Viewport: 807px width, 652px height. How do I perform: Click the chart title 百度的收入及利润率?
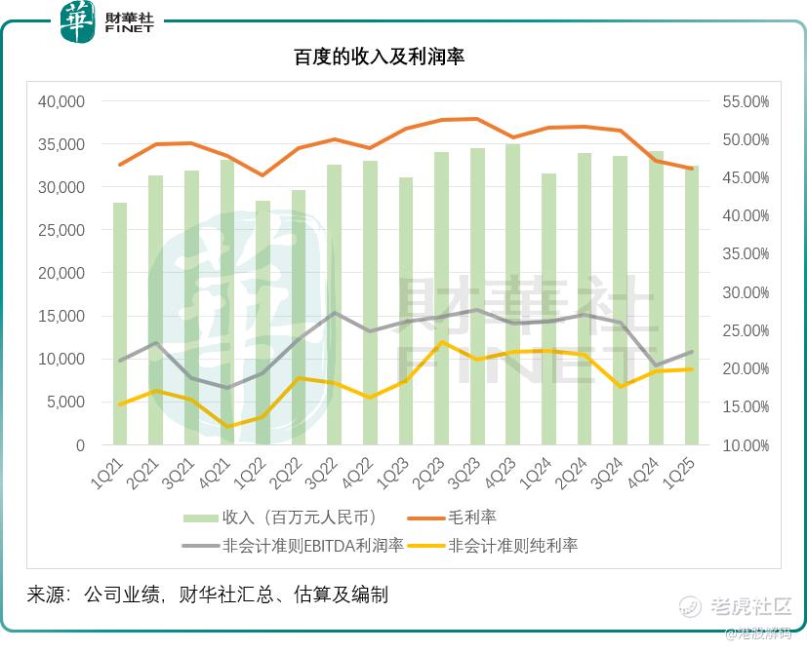(379, 58)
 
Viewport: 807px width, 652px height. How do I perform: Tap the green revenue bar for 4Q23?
(512, 294)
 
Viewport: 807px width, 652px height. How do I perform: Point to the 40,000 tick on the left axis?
(61, 101)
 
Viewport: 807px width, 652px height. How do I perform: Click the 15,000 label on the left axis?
(61, 316)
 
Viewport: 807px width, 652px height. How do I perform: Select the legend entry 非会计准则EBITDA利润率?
(312, 545)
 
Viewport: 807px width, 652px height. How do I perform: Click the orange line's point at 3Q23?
(476, 119)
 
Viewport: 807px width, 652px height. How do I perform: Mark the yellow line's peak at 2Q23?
(441, 341)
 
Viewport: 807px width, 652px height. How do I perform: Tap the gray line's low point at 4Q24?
(655, 365)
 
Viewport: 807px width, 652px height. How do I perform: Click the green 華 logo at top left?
(78, 21)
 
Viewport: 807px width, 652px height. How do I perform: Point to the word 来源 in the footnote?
(46, 594)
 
